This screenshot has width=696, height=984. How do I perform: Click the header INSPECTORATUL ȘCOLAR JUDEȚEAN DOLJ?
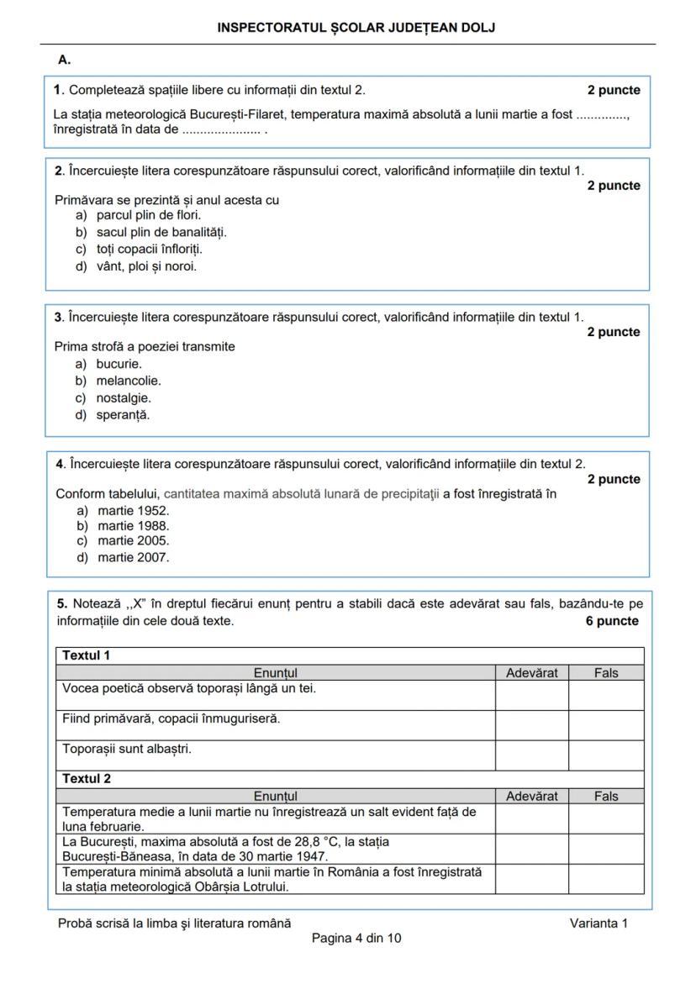pos(356,28)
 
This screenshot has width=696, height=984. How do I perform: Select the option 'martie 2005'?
pos(133,541)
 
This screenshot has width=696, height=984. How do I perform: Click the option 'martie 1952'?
pos(133,510)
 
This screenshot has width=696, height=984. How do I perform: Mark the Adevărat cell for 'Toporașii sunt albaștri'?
pos(531,755)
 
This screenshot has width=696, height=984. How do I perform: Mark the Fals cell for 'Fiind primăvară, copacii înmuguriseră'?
pos(605,725)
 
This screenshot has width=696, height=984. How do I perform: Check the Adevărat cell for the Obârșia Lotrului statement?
pos(531,880)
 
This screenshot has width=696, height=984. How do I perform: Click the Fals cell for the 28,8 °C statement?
pos(605,849)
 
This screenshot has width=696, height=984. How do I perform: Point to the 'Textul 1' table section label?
pos(87,655)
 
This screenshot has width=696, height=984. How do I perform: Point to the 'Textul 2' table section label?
pos(87,779)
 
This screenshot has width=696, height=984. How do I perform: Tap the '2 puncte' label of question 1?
pos(614,90)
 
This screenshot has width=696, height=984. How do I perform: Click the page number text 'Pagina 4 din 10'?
pos(356,938)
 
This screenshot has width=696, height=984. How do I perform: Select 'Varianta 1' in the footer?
pos(598,923)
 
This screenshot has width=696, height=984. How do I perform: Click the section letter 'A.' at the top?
pos(65,60)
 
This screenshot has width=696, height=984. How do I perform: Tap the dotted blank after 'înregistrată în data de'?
pos(221,130)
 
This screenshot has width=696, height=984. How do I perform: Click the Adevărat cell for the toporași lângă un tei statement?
pos(531,695)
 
